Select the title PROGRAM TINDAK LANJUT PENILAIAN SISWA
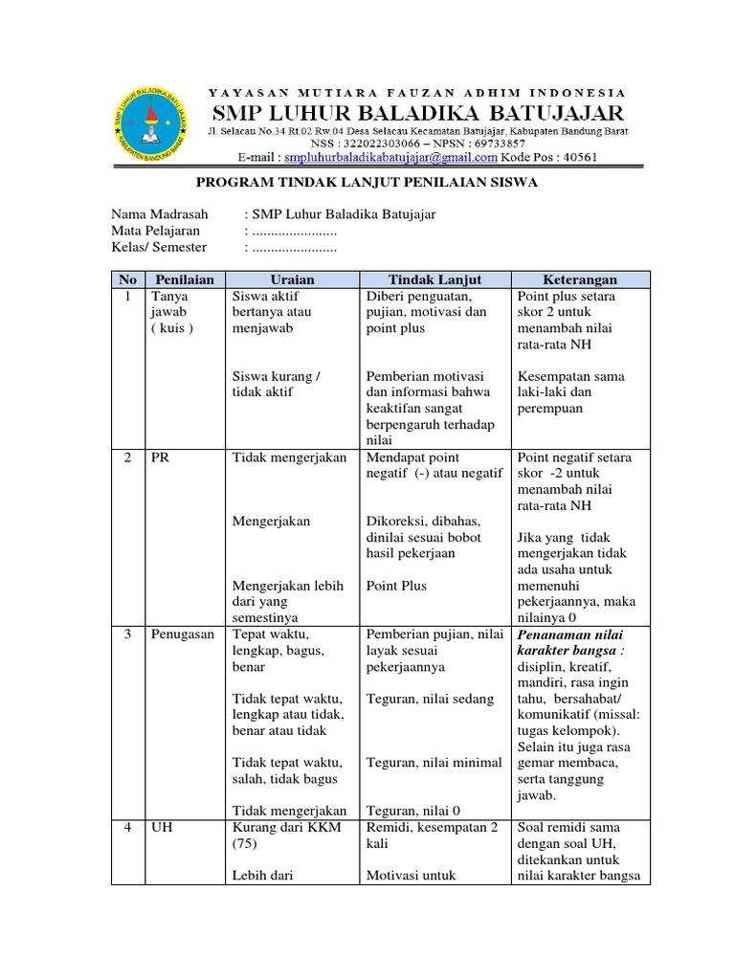click(367, 182)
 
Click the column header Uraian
click(292, 279)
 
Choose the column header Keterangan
click(581, 279)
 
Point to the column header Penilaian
click(185, 279)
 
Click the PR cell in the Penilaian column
click(160, 457)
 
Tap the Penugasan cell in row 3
click(182, 635)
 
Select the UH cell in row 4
click(161, 827)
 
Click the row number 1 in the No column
click(126, 297)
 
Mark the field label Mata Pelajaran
click(155, 231)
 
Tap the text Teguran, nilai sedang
click(431, 699)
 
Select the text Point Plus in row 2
click(396, 586)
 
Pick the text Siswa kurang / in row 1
click(277, 376)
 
